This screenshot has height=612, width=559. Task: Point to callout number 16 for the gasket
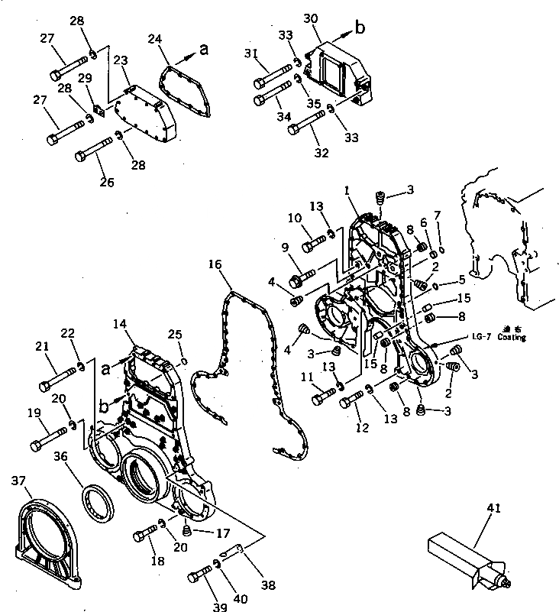pos(215,264)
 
